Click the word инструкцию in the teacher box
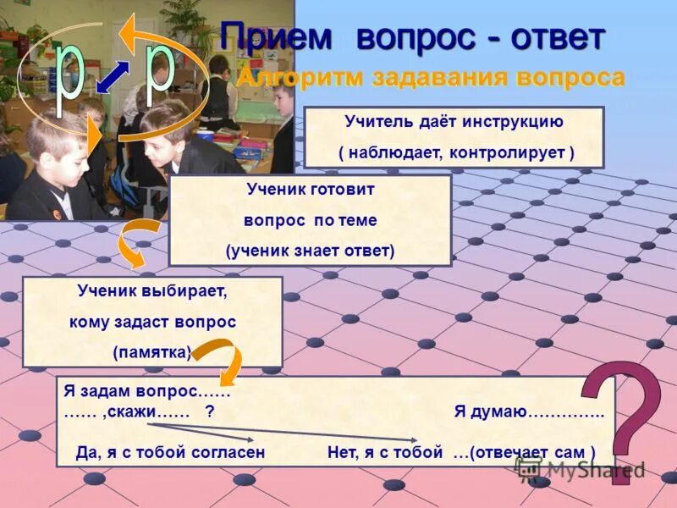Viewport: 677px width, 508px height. click(x=513, y=121)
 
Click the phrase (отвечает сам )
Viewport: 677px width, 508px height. click(x=525, y=452)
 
